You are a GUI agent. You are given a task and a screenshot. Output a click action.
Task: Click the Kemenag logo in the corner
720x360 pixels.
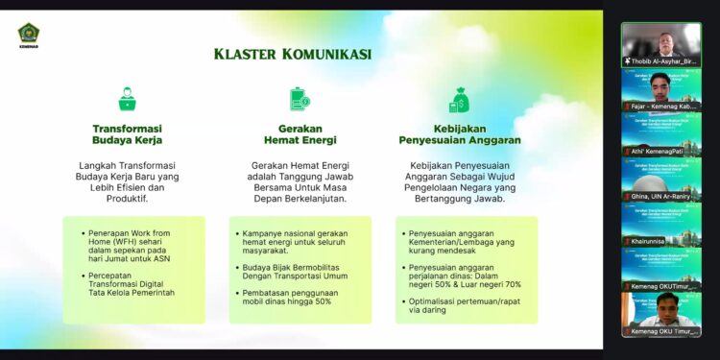28,36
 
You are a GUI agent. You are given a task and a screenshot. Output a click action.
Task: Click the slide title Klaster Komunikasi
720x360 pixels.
293,54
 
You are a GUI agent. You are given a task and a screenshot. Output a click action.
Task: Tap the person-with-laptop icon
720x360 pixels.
127,100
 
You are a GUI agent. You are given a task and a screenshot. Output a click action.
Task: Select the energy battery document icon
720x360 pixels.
299,100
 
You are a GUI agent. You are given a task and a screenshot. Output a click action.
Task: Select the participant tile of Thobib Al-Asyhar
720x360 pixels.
660,41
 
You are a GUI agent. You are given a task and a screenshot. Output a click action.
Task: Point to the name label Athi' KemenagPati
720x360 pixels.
659,152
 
